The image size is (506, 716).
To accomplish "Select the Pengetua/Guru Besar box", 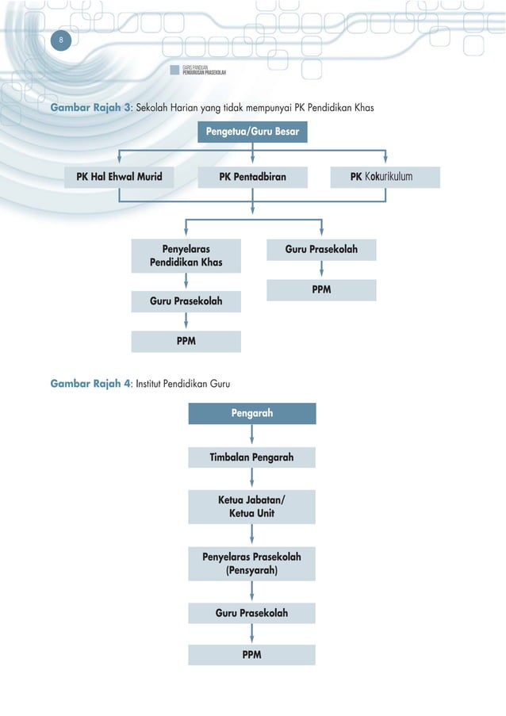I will (252, 132).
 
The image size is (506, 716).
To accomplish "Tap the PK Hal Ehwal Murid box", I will (119, 177).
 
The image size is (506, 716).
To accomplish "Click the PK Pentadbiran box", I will (252, 177).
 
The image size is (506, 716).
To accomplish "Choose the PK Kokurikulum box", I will (384, 177).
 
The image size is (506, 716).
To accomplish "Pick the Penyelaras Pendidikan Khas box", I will (186, 255).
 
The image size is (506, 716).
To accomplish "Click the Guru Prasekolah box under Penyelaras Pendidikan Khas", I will (186, 301).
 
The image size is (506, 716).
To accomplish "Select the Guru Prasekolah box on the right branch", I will (321, 250).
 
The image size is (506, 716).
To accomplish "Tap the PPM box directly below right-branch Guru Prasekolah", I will (321, 290).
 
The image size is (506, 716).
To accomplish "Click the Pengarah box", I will (252, 413).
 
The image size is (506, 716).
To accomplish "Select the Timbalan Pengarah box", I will (252, 458).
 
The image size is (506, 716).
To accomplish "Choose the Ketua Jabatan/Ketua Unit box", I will (252, 507).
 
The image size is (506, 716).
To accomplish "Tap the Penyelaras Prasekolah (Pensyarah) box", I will (252, 563).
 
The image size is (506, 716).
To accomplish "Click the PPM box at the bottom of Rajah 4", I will (252, 655).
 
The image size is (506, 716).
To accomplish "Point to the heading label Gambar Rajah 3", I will (91, 107).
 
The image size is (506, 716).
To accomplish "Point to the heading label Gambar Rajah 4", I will (91, 385).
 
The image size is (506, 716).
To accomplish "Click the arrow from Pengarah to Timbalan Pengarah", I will (252, 435).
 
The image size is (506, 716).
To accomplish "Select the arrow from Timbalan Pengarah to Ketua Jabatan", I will (252, 478).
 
